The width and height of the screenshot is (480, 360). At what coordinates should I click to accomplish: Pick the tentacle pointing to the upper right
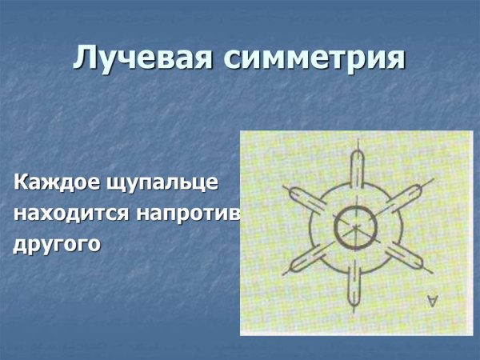tap(406, 196)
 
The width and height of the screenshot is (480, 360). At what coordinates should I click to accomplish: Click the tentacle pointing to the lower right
tap(408, 260)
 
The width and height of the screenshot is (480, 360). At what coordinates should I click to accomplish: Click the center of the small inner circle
tap(352, 228)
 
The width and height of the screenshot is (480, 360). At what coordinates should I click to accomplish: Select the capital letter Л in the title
tap(85, 58)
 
